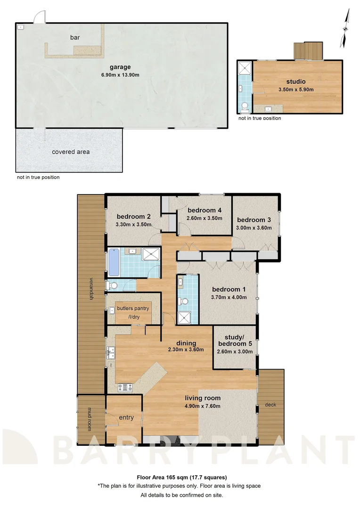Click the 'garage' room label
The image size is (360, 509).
click(x=121, y=67)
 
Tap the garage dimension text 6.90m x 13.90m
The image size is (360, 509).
click(x=121, y=75)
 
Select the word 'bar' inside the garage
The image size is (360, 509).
click(x=74, y=37)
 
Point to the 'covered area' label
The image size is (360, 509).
click(x=71, y=152)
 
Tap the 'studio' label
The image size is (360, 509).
click(x=296, y=82)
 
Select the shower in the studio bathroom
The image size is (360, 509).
click(x=245, y=69)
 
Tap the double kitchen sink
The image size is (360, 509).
click(x=111, y=351)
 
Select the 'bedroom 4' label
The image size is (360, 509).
click(x=205, y=210)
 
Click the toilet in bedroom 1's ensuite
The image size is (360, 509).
click(x=184, y=301)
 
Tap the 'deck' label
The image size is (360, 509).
click(x=270, y=404)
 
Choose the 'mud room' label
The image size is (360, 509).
click(x=88, y=419)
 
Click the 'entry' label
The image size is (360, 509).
click(x=126, y=418)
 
